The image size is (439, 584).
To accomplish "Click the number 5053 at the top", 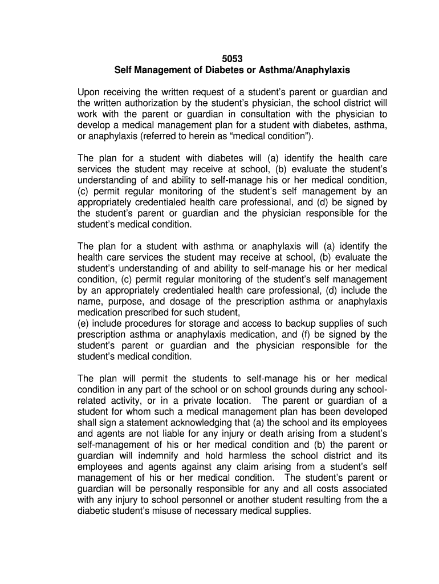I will tap(231, 59).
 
